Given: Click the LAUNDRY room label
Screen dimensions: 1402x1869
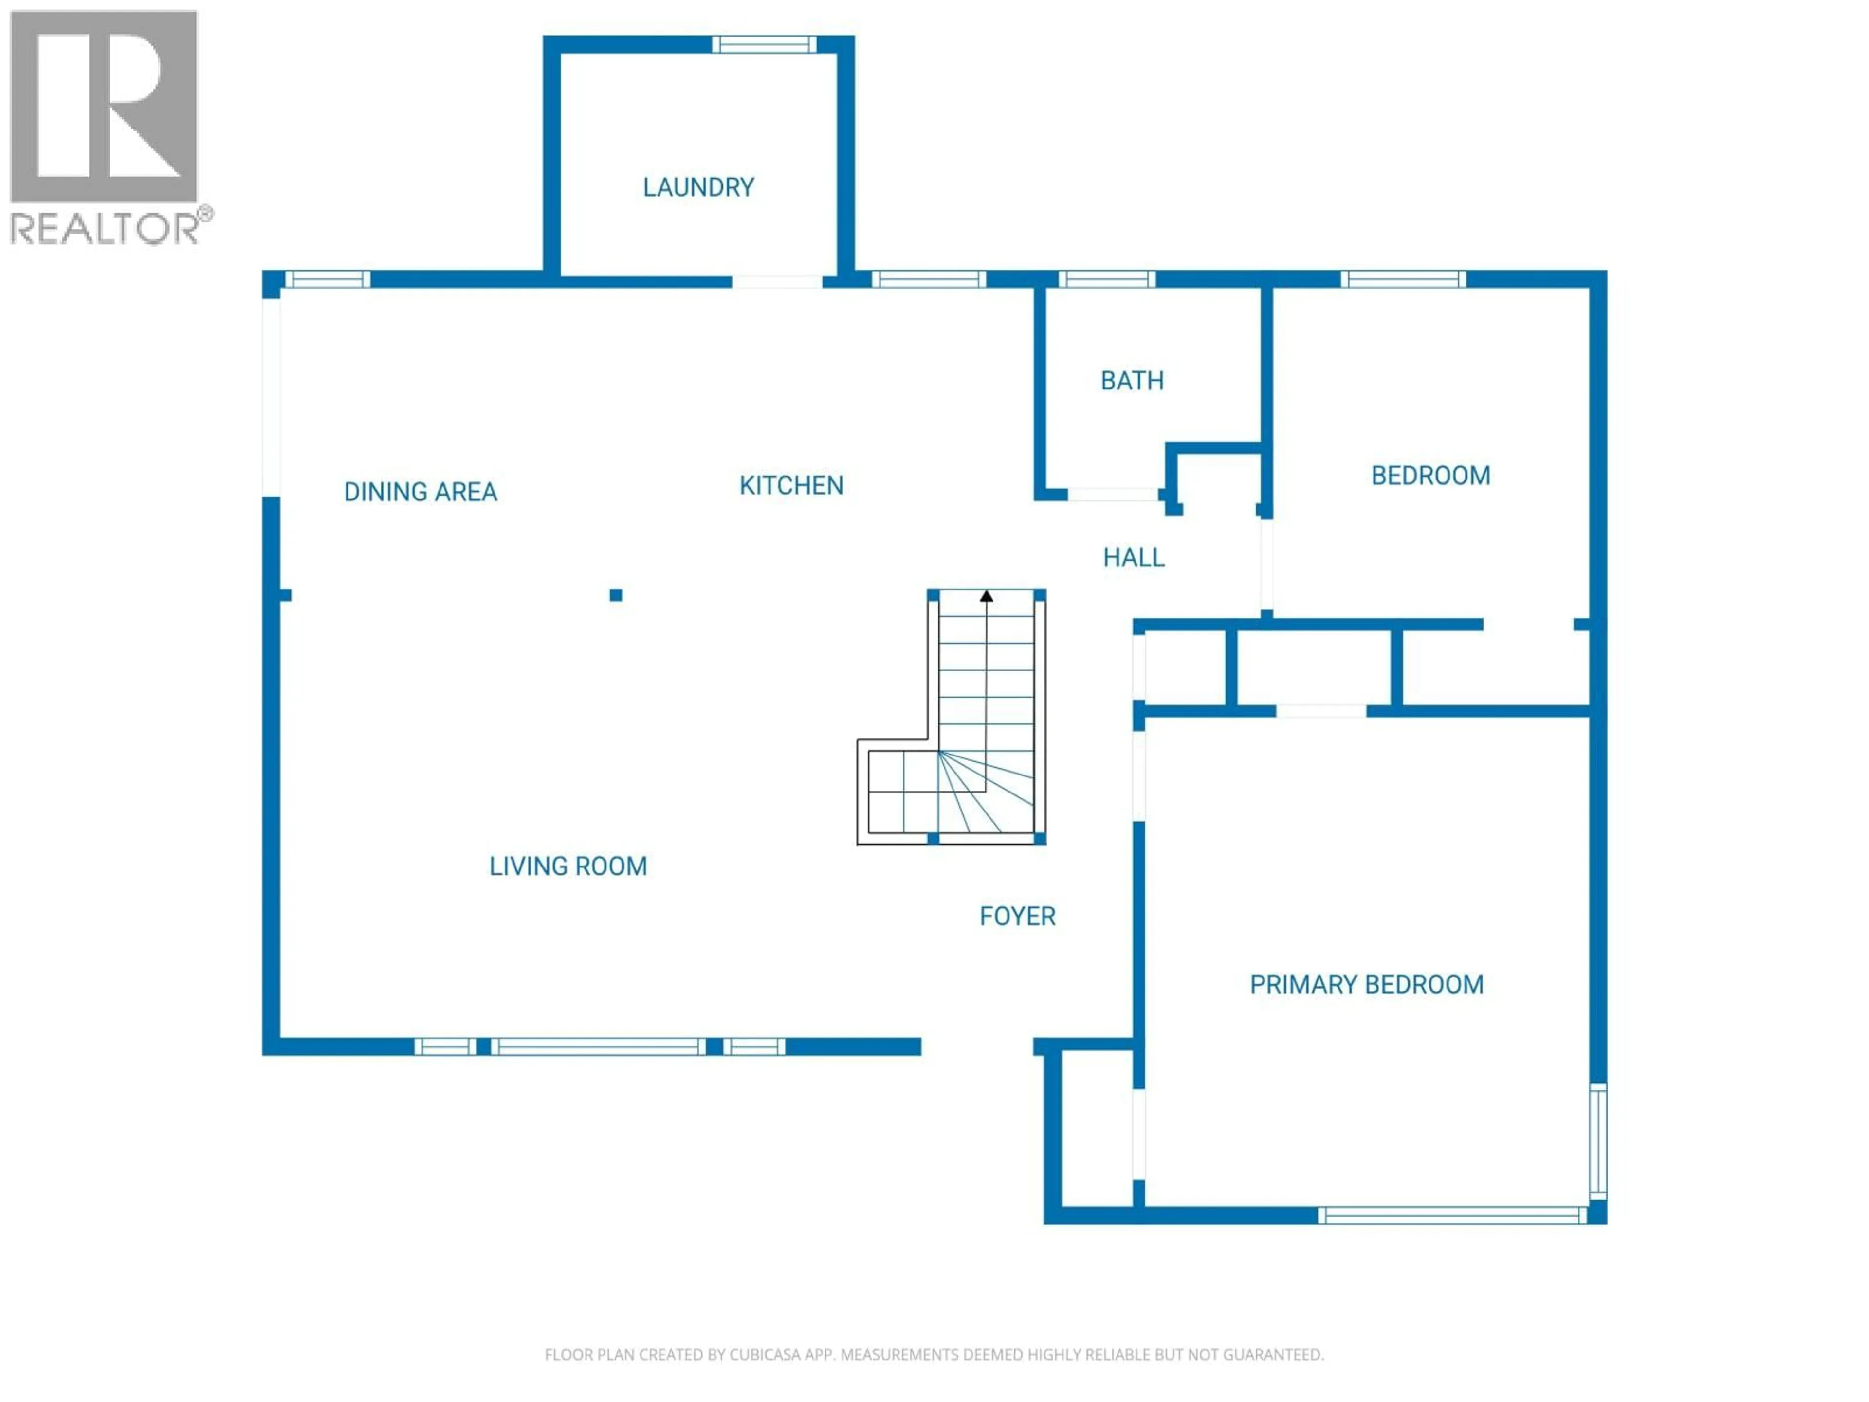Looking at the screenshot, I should pos(698,187).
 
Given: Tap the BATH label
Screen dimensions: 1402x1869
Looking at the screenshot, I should pos(1131,381).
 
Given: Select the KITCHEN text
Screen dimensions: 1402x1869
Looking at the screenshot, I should pos(791,486).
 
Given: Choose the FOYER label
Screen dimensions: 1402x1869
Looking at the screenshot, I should pos(1017,917).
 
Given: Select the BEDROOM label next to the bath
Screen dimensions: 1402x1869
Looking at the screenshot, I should pos(1429,476).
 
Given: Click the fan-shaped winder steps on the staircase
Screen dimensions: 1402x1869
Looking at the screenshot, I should pos(984,792).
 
